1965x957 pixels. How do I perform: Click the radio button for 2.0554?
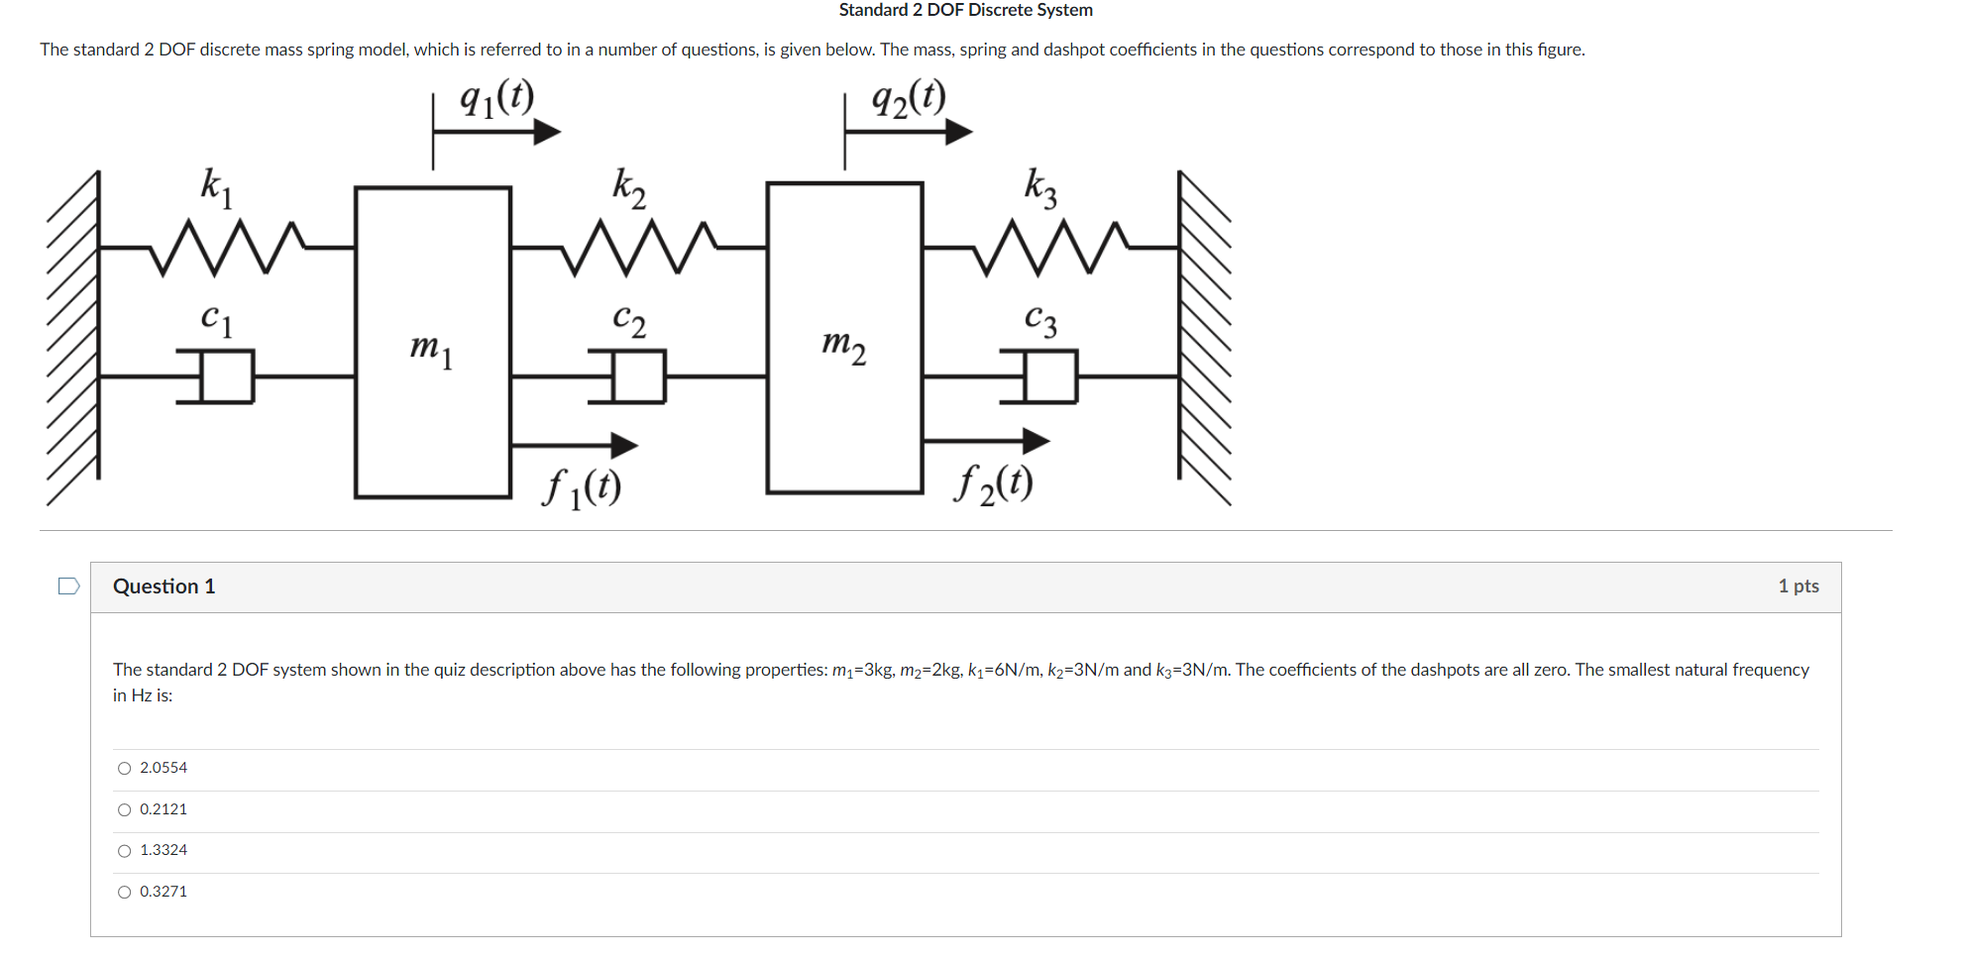[x=124, y=769]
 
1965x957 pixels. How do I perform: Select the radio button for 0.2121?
[x=124, y=810]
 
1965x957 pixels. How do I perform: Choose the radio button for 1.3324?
[x=124, y=851]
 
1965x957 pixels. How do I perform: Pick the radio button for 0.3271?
[x=124, y=893]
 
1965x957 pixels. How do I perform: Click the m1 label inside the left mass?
[x=431, y=349]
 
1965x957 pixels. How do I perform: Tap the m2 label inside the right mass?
[x=843, y=346]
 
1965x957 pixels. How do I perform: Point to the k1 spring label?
[x=216, y=186]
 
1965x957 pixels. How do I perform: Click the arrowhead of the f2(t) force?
[x=1035, y=441]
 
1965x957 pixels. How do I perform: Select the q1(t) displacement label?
[x=496, y=98]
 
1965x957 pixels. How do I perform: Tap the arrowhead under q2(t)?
[x=957, y=131]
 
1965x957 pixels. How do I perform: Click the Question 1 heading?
[x=164, y=586]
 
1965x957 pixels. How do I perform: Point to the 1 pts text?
[x=1798, y=586]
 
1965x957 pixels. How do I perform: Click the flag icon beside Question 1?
[x=68, y=586]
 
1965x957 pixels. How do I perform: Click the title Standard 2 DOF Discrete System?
[x=965, y=10]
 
